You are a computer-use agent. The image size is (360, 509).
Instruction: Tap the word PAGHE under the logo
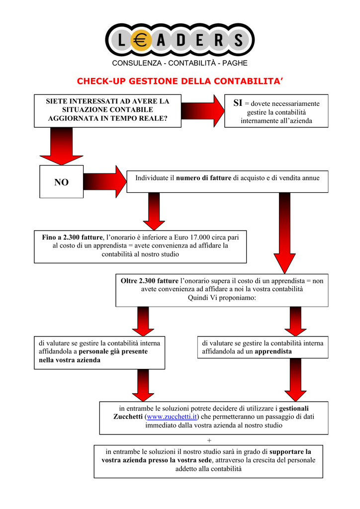235,63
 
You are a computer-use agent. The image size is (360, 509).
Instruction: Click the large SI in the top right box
238,103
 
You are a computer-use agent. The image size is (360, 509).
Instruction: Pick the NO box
62,182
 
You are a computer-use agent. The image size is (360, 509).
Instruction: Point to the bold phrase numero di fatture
204,177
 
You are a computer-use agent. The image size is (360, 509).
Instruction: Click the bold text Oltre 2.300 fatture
150,280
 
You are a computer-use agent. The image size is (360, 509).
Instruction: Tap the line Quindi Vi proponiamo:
222,297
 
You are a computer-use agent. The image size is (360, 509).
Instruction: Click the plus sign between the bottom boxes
209,440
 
